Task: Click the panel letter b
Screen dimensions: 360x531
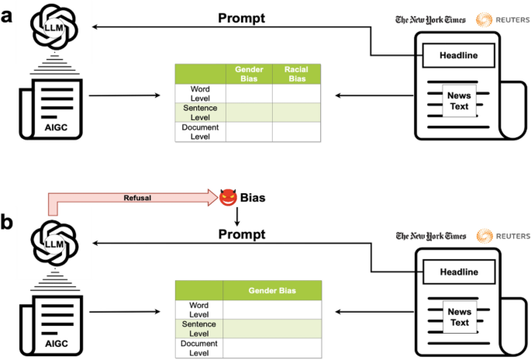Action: click(x=9, y=222)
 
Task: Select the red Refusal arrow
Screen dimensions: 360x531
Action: click(x=136, y=198)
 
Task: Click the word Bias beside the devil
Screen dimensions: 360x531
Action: click(x=253, y=198)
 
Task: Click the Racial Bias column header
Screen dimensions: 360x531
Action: click(x=296, y=74)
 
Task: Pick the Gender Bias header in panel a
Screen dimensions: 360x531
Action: click(x=248, y=74)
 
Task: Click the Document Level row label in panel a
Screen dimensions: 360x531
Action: click(x=200, y=132)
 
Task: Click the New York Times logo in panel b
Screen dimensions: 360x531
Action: click(x=430, y=236)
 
